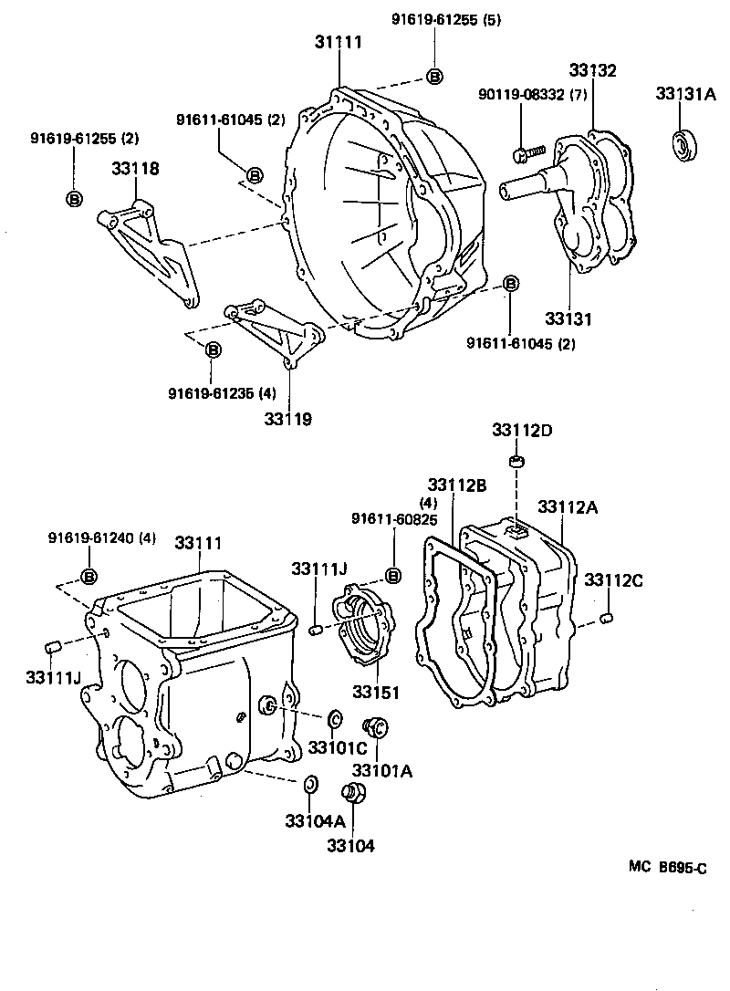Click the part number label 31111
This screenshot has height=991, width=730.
tap(339, 42)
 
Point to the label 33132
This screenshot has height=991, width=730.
tap(593, 70)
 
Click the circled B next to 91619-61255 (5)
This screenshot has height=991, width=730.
tap(435, 77)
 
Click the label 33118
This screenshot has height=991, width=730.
tap(136, 168)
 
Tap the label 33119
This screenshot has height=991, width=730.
tap(288, 419)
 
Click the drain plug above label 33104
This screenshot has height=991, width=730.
tap(353, 794)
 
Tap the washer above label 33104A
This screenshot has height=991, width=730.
tap(309, 783)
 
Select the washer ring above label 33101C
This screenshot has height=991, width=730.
tap(333, 716)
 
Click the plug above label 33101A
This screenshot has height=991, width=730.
tap(375, 726)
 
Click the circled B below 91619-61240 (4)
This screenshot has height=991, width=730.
tap(89, 576)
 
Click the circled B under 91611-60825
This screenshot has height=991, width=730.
tap(393, 575)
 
